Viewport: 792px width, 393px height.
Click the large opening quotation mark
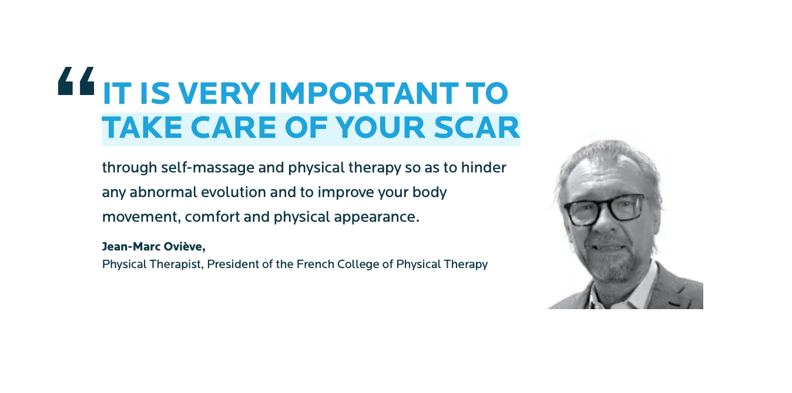(76, 81)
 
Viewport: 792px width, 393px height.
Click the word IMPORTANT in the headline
(364, 93)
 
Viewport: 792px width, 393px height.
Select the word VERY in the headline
(219, 93)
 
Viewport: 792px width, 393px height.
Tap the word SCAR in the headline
(476, 127)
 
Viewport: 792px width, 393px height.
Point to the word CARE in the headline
(233, 127)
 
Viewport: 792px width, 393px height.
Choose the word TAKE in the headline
(142, 127)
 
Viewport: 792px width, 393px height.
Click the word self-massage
(207, 168)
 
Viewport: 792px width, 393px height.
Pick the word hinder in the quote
(484, 167)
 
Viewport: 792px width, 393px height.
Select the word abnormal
(163, 192)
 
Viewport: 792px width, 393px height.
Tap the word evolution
(234, 192)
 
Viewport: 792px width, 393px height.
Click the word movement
(142, 218)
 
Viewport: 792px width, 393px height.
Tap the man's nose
(606, 223)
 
